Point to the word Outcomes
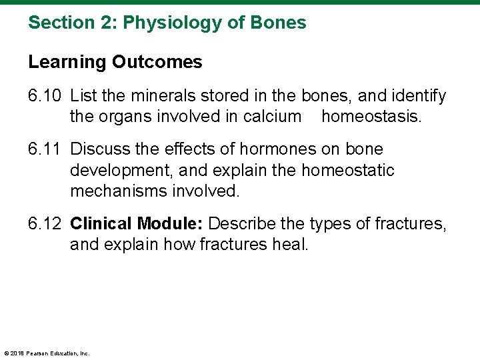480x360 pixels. point(157,63)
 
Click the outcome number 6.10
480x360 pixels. point(45,97)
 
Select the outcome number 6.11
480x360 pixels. point(45,150)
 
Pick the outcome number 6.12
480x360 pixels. point(45,224)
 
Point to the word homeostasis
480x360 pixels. point(371,117)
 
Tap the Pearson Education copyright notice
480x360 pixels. point(47,353)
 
